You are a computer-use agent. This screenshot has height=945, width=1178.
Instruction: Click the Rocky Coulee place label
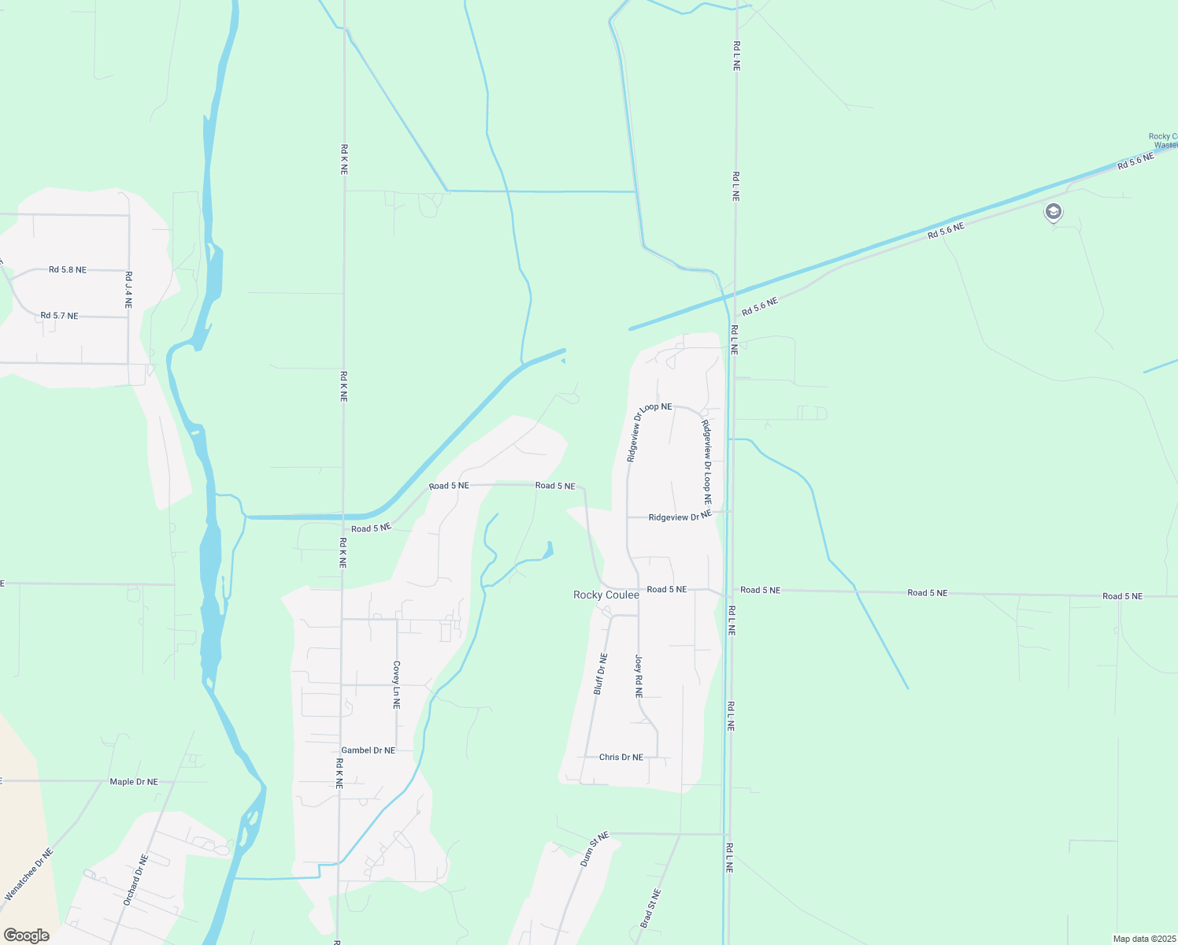point(606,595)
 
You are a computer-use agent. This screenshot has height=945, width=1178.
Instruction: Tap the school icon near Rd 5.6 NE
point(1053,212)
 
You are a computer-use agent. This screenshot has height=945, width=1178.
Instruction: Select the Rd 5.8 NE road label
point(68,269)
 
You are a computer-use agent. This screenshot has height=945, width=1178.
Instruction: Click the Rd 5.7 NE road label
point(60,316)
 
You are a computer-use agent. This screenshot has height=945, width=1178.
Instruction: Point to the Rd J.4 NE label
point(128,290)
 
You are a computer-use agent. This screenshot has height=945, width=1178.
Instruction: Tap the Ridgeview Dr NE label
point(680,517)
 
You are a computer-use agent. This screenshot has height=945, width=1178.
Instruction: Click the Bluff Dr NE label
point(600,674)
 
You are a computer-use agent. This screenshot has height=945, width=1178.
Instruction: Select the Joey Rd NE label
point(639,676)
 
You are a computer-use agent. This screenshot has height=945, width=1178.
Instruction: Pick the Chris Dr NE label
point(621,757)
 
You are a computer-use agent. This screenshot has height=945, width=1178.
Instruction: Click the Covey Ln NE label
point(397,684)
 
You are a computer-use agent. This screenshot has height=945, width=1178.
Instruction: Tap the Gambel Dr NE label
point(368,750)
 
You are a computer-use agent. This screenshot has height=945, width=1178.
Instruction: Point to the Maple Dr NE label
point(134,782)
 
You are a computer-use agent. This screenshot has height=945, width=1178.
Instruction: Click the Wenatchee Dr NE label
point(29,874)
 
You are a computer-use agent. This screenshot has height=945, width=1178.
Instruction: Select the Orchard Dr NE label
point(135,880)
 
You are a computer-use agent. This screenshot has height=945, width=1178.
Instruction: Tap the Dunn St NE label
point(595,850)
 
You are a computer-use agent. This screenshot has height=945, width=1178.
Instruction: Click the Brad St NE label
point(650,908)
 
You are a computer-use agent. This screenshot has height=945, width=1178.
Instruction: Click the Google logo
point(26,936)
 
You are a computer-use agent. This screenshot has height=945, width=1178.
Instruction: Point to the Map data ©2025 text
point(1143,939)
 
